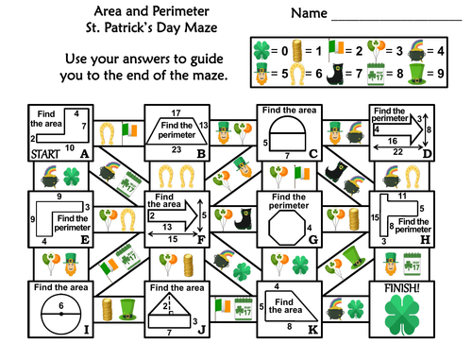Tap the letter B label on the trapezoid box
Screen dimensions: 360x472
tap(200, 153)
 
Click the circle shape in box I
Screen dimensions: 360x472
tap(59, 315)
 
